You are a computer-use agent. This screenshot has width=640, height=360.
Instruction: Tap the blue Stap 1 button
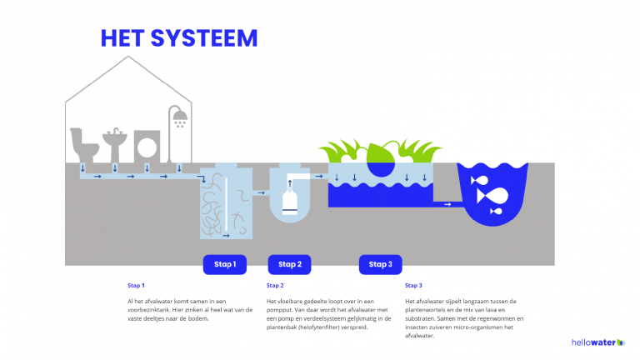click(225, 264)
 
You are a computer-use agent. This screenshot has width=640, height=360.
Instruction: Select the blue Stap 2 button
click(289, 264)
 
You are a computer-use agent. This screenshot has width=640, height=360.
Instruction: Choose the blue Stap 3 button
click(381, 264)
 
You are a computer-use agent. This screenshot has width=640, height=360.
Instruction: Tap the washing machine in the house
click(147, 146)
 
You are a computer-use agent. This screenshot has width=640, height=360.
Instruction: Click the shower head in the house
click(178, 117)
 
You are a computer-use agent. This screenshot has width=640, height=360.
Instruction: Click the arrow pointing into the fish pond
click(447, 203)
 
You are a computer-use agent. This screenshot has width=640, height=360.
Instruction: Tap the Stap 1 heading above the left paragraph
click(136, 285)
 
